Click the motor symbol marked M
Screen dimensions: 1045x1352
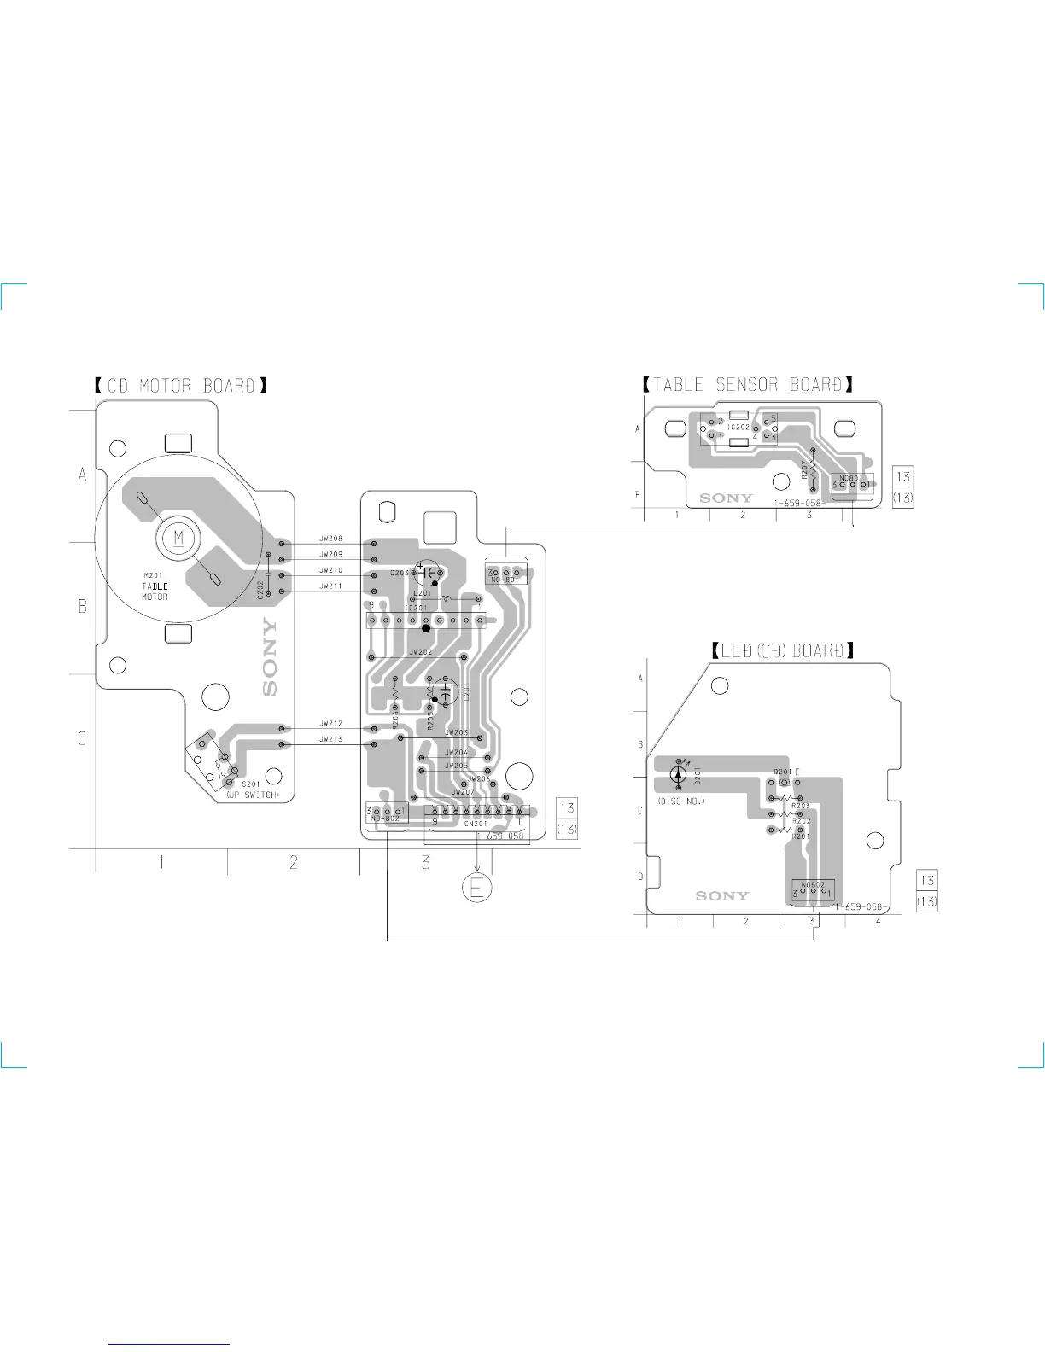178,538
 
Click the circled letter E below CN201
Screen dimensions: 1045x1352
477,889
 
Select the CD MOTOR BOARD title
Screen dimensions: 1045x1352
181,386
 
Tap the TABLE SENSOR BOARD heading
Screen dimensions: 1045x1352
747,385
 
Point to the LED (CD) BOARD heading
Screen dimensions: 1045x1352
783,650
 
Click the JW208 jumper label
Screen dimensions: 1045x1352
331,539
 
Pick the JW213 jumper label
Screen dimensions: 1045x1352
331,739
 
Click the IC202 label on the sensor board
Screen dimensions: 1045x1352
739,428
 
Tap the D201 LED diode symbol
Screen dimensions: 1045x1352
678,774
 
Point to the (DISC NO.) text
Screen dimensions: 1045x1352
681,801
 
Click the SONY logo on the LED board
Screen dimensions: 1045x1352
721,895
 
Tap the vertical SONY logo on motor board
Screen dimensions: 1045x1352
270,657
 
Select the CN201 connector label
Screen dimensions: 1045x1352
476,824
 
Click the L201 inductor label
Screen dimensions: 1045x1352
423,593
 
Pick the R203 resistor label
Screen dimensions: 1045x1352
801,806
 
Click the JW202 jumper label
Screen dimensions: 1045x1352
421,652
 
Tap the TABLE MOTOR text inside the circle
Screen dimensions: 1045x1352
155,591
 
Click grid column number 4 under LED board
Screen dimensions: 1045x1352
878,922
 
